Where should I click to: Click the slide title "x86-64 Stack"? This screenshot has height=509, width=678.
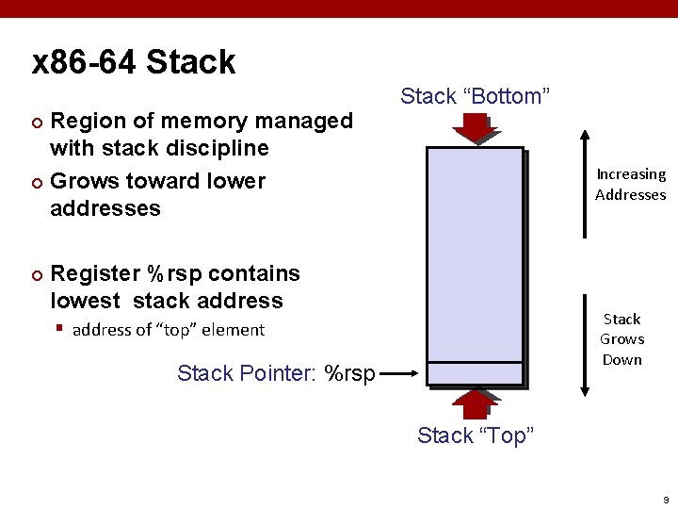134,62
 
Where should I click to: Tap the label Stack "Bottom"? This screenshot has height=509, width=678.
475,96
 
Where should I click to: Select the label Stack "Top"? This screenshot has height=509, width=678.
475,435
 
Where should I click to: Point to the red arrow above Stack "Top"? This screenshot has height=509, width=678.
475,402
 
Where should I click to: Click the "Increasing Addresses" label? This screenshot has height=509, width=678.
630,184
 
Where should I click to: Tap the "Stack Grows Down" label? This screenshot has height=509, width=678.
621,339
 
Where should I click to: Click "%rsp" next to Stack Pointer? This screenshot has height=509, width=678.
348,373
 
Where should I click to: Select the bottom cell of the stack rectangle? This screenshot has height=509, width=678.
475,373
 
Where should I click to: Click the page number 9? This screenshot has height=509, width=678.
665,499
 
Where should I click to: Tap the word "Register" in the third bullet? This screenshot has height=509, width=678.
94,273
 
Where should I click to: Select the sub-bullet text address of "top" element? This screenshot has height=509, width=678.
169,330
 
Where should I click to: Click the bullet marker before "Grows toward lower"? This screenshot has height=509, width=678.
37,182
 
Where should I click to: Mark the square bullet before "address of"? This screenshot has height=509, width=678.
58,330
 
